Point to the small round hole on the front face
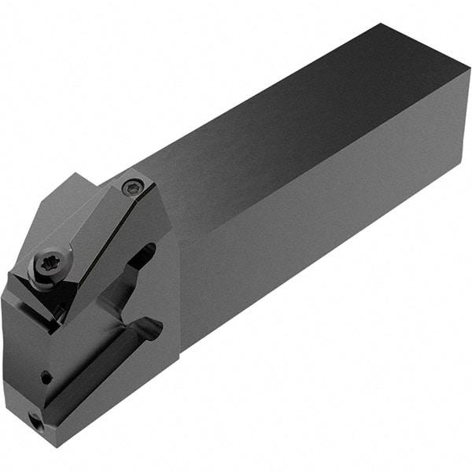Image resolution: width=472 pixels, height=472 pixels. click(46, 378)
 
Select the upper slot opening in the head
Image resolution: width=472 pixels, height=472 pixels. click(146, 256)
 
